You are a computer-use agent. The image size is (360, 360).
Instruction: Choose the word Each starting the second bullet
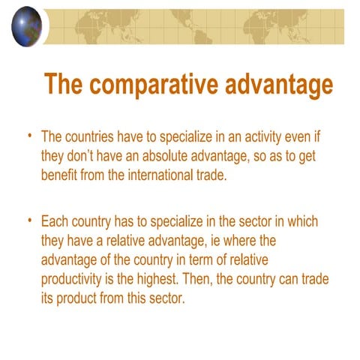coord(57,223)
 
